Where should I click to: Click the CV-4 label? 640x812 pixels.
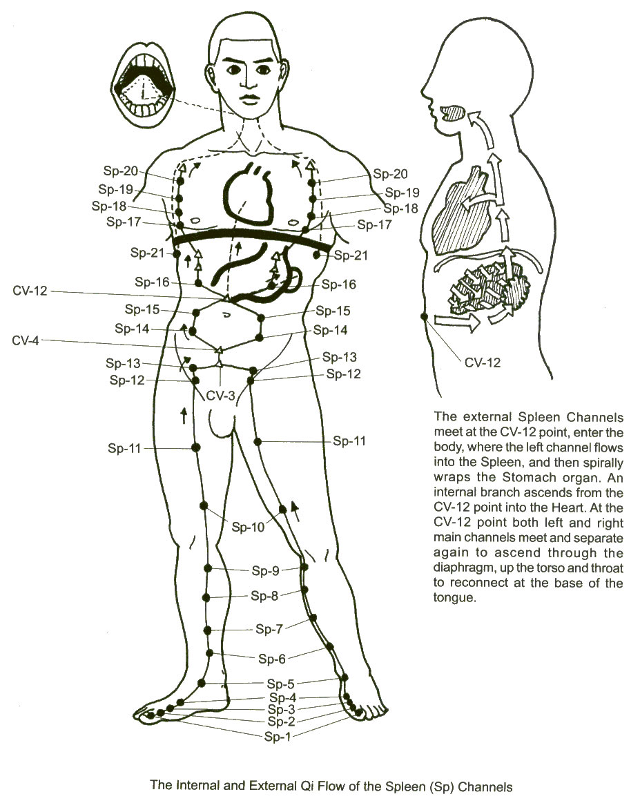[26, 341]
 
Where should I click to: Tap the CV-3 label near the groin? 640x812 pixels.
[221, 396]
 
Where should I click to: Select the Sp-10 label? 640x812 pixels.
[248, 528]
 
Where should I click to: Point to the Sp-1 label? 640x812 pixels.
[278, 736]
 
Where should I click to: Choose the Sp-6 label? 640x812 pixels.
[272, 659]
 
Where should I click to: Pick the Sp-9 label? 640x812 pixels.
[266, 570]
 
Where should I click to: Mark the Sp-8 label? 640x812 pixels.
[264, 595]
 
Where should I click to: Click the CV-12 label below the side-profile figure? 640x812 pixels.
[483, 362]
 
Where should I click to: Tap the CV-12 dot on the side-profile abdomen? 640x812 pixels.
[425, 317]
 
